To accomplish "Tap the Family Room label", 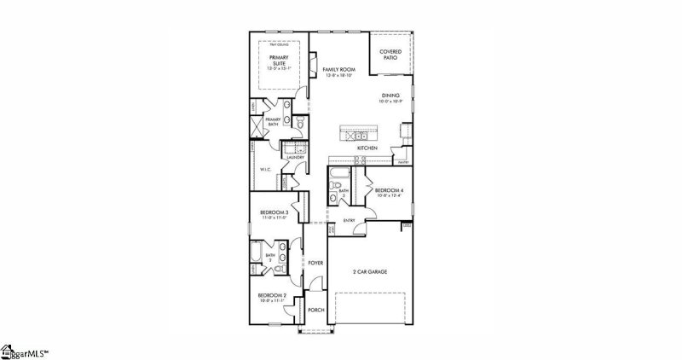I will click(x=338, y=70).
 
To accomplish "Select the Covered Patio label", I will click(x=390, y=54).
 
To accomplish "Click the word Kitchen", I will click(x=367, y=148).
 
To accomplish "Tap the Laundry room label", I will click(x=296, y=158).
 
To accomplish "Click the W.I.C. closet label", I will click(x=264, y=170).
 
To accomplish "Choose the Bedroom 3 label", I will click(x=275, y=213).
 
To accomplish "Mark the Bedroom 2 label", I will click(x=273, y=297).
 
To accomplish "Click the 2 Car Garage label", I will click(x=370, y=272).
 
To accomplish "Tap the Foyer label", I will click(x=315, y=263).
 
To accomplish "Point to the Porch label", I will click(x=315, y=311).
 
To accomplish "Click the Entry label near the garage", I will click(x=349, y=221).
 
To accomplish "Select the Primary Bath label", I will click(x=273, y=122).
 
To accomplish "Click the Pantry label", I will click(x=403, y=162).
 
